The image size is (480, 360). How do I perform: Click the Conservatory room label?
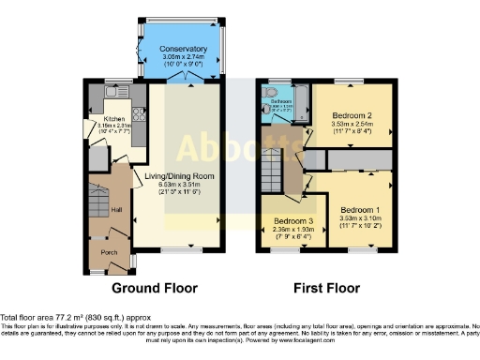[183, 49]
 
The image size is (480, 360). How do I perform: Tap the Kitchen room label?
[114, 119]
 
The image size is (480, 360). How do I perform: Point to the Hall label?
[116, 210]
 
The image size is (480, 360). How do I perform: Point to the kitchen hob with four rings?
[139, 114]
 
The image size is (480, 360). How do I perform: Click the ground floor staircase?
[98, 199]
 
